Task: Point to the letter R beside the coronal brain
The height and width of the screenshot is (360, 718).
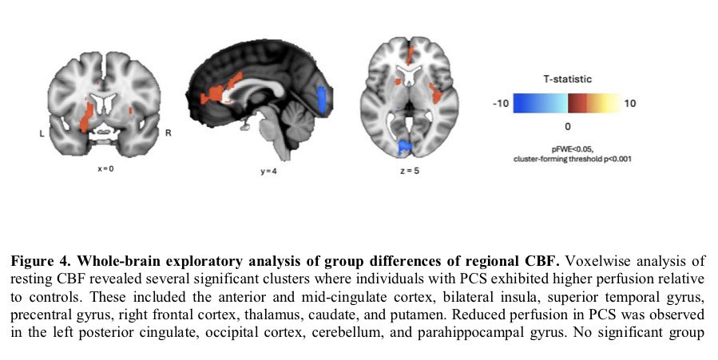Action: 168,133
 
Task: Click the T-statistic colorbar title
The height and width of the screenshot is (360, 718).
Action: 567,79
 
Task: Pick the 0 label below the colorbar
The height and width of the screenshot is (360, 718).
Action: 567,126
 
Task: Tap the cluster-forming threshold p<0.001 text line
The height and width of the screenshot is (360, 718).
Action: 568,159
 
